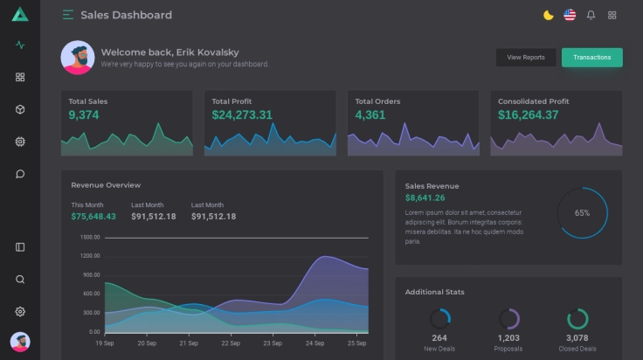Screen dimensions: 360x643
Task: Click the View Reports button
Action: coord(526,58)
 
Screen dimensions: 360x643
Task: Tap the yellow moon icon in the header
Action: coord(549,15)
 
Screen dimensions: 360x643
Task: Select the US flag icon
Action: coord(570,15)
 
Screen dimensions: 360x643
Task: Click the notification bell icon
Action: coord(591,15)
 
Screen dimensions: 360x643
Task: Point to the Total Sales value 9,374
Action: coord(84,115)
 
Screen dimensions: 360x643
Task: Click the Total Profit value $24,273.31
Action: coord(242,115)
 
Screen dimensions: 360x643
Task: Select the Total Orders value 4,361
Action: coord(370,115)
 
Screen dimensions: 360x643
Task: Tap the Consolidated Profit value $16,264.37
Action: coord(528,115)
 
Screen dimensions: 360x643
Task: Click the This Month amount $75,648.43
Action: coord(93,217)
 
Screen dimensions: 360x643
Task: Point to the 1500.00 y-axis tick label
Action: coord(90,237)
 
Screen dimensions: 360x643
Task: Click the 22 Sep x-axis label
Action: coord(231,343)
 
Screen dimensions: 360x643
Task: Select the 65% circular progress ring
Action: coord(582,213)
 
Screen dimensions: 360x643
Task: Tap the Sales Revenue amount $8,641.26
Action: coord(425,198)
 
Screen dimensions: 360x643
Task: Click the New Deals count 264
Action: coord(439,338)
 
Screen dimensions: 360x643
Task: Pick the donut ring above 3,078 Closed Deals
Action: coord(577,319)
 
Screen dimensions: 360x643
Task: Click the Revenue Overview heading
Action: coord(106,185)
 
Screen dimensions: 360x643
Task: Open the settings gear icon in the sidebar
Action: coord(20,312)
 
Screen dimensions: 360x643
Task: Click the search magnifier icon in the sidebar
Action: coord(20,280)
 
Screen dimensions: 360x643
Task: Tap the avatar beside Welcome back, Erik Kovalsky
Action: coord(78,58)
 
